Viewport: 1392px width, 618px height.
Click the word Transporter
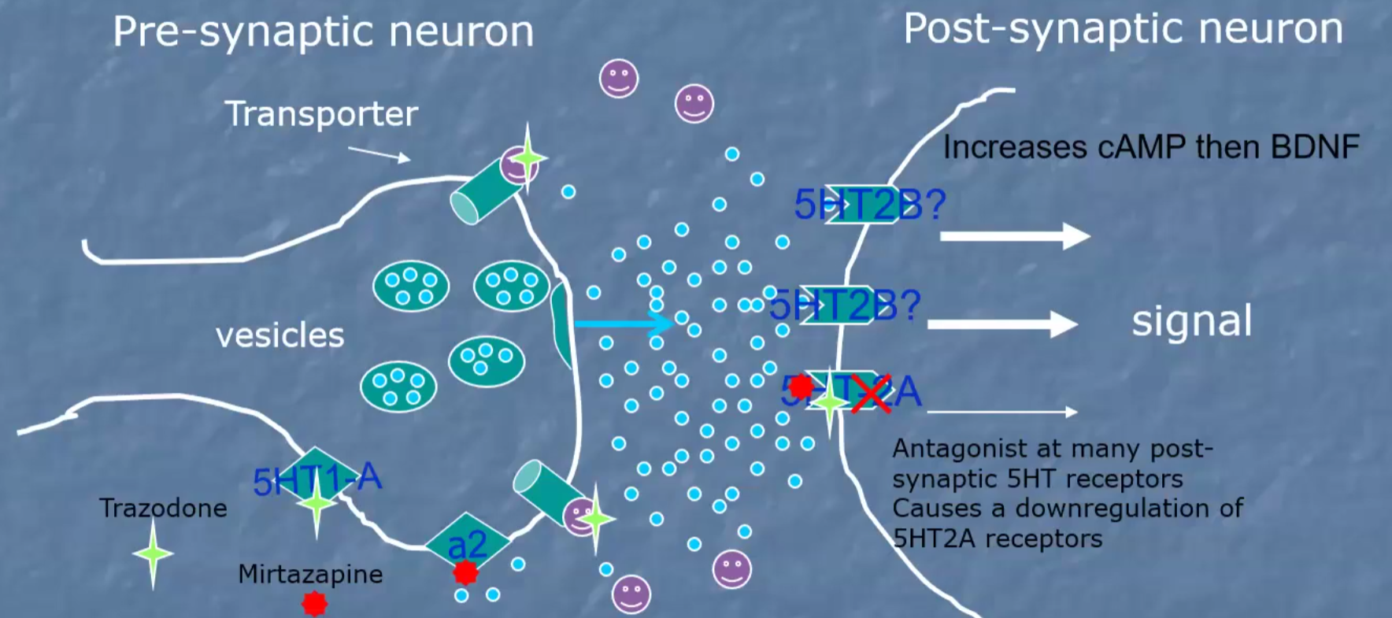tap(320, 115)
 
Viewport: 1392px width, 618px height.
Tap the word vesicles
tap(280, 336)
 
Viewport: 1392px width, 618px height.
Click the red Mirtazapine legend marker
tap(314, 603)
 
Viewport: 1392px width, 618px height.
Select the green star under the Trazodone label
tap(153, 554)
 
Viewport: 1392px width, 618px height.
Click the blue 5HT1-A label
tap(317, 479)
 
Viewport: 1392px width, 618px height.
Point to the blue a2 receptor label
tap(467, 545)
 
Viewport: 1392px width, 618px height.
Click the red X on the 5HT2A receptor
tap(870, 393)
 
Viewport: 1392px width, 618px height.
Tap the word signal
tap(1191, 321)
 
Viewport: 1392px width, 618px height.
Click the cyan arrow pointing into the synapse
tap(622, 323)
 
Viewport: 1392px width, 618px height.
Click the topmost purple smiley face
tap(619, 78)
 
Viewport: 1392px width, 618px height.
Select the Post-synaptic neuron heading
tap(1123, 30)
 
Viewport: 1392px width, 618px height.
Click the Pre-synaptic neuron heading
tap(323, 33)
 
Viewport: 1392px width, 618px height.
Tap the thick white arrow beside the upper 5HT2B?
tap(1014, 235)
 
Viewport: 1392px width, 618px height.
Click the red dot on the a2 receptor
tap(465, 572)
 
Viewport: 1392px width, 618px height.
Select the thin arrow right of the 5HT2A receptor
tap(1001, 412)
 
